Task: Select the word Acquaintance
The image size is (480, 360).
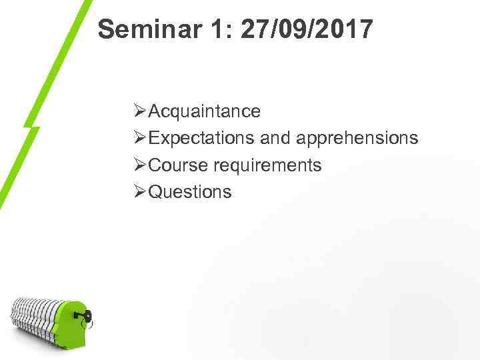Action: tap(205, 111)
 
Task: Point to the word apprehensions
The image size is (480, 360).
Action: tap(357, 138)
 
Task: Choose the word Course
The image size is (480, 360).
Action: tap(178, 165)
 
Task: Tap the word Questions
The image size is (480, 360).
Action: tap(190, 192)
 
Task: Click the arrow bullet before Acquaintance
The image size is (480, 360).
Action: tap(140, 111)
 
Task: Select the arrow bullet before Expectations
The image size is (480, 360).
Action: tap(140, 138)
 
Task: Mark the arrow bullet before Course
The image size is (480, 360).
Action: tap(140, 165)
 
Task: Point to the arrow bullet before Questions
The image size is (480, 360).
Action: tap(140, 192)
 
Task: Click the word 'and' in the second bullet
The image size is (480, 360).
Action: tap(275, 138)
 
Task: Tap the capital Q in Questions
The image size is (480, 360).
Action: tap(155, 192)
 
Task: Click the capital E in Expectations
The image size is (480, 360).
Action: tap(155, 138)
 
